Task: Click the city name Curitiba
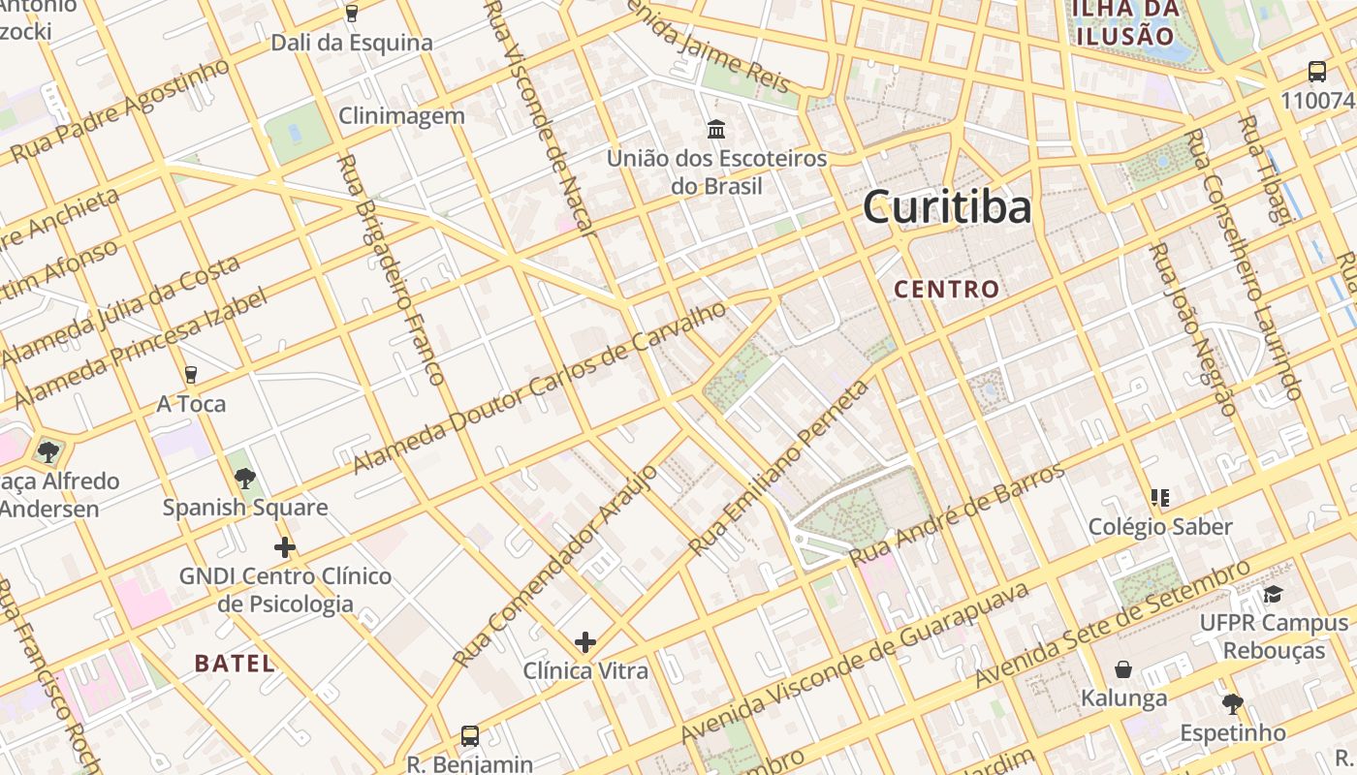tap(946, 206)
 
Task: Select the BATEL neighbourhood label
tap(235, 664)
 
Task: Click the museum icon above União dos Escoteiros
tap(716, 129)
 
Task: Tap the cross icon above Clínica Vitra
tap(585, 642)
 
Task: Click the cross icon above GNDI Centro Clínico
tap(284, 547)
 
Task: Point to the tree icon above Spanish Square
tap(245, 478)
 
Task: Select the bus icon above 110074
tap(1316, 71)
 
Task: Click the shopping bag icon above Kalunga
tap(1123, 669)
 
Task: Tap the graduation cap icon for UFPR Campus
tap(1273, 594)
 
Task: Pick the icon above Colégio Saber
tap(1159, 498)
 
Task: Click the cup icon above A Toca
tap(191, 374)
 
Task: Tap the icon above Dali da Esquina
tap(351, 14)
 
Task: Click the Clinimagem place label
tap(401, 116)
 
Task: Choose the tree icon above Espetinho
tap(1232, 703)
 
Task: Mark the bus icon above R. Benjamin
tap(470, 735)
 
